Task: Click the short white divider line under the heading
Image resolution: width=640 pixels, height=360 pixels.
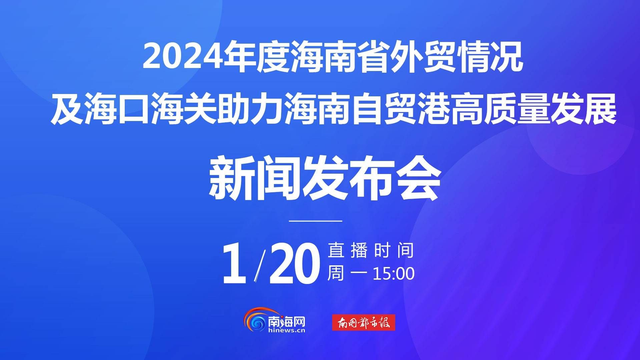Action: (315, 221)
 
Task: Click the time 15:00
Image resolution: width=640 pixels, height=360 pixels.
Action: (394, 274)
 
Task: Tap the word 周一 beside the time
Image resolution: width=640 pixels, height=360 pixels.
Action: (347, 274)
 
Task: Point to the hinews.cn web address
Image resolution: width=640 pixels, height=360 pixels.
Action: (287, 331)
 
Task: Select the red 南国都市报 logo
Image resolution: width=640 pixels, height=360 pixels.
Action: (364, 322)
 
